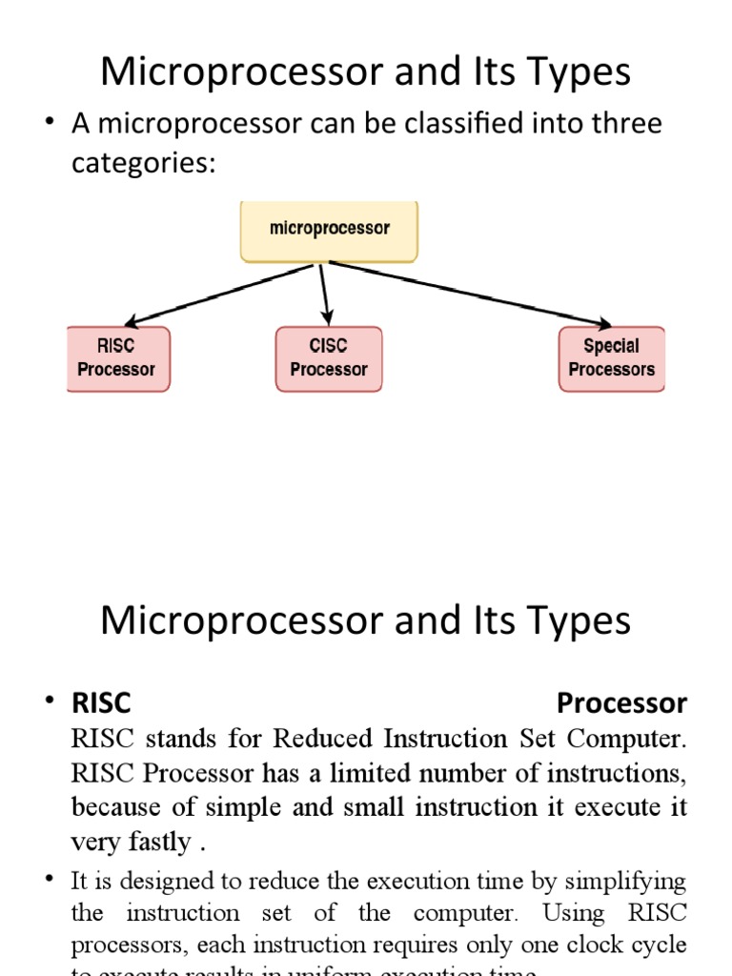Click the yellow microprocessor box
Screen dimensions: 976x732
click(329, 230)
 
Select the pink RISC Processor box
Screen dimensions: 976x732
click(117, 358)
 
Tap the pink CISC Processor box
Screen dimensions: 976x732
click(329, 358)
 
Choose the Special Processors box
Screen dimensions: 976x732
click(611, 358)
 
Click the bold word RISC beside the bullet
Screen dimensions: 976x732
click(101, 703)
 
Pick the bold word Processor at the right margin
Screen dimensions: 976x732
click(621, 703)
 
